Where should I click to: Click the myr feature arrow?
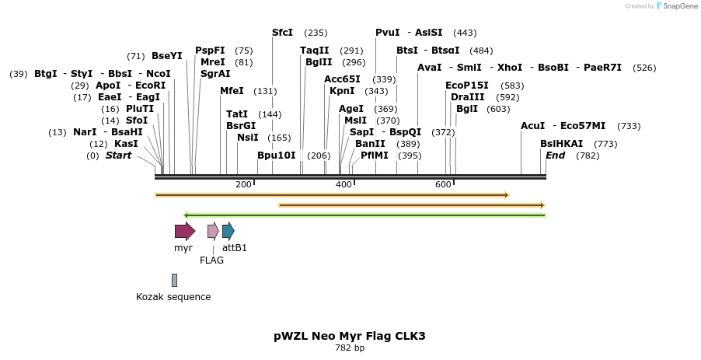click(184, 231)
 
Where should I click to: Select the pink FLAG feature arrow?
click(212, 231)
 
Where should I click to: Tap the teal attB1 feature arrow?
click(228, 231)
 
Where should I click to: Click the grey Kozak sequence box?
click(174, 280)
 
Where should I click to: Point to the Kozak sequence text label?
click(173, 297)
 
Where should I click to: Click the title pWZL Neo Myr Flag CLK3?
click(350, 336)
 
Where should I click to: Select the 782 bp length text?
click(350, 348)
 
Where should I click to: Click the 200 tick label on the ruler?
click(243, 184)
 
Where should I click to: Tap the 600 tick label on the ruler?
click(443, 184)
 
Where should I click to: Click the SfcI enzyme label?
click(282, 33)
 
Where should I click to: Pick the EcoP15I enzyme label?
click(467, 86)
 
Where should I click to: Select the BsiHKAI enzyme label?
click(562, 144)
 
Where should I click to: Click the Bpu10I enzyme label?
click(277, 156)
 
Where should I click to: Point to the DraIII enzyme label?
click(467, 97)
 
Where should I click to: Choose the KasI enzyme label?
click(126, 144)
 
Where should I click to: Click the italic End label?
click(555, 156)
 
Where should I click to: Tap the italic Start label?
click(118, 156)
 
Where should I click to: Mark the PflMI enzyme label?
click(375, 156)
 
